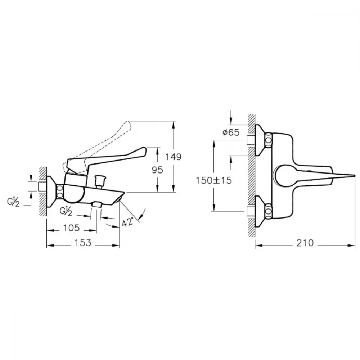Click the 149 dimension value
tap(174, 157)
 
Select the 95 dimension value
tap(157, 170)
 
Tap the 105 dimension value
tap(71, 228)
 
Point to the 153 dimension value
tap(83, 243)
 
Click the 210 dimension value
tap(305, 243)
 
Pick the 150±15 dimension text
tap(214, 180)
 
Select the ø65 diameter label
tap(231, 132)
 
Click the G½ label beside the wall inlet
tap(13, 202)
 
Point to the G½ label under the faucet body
tap(66, 211)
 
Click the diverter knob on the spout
tap(100, 179)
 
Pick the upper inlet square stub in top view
tap(251, 140)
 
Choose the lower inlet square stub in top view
tap(251, 211)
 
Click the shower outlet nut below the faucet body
tap(96, 205)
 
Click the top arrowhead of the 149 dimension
tap(174, 124)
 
